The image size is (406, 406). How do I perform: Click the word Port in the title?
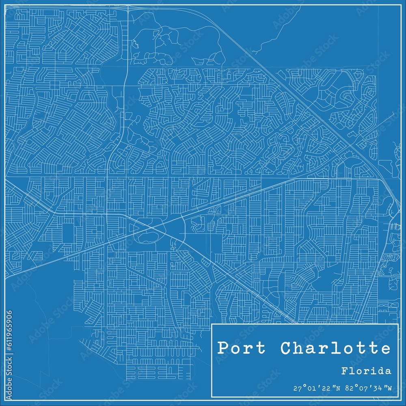click(x=241, y=348)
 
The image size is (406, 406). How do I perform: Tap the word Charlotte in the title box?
click(x=334, y=348)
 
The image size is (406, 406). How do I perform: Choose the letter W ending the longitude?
click(x=389, y=388)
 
